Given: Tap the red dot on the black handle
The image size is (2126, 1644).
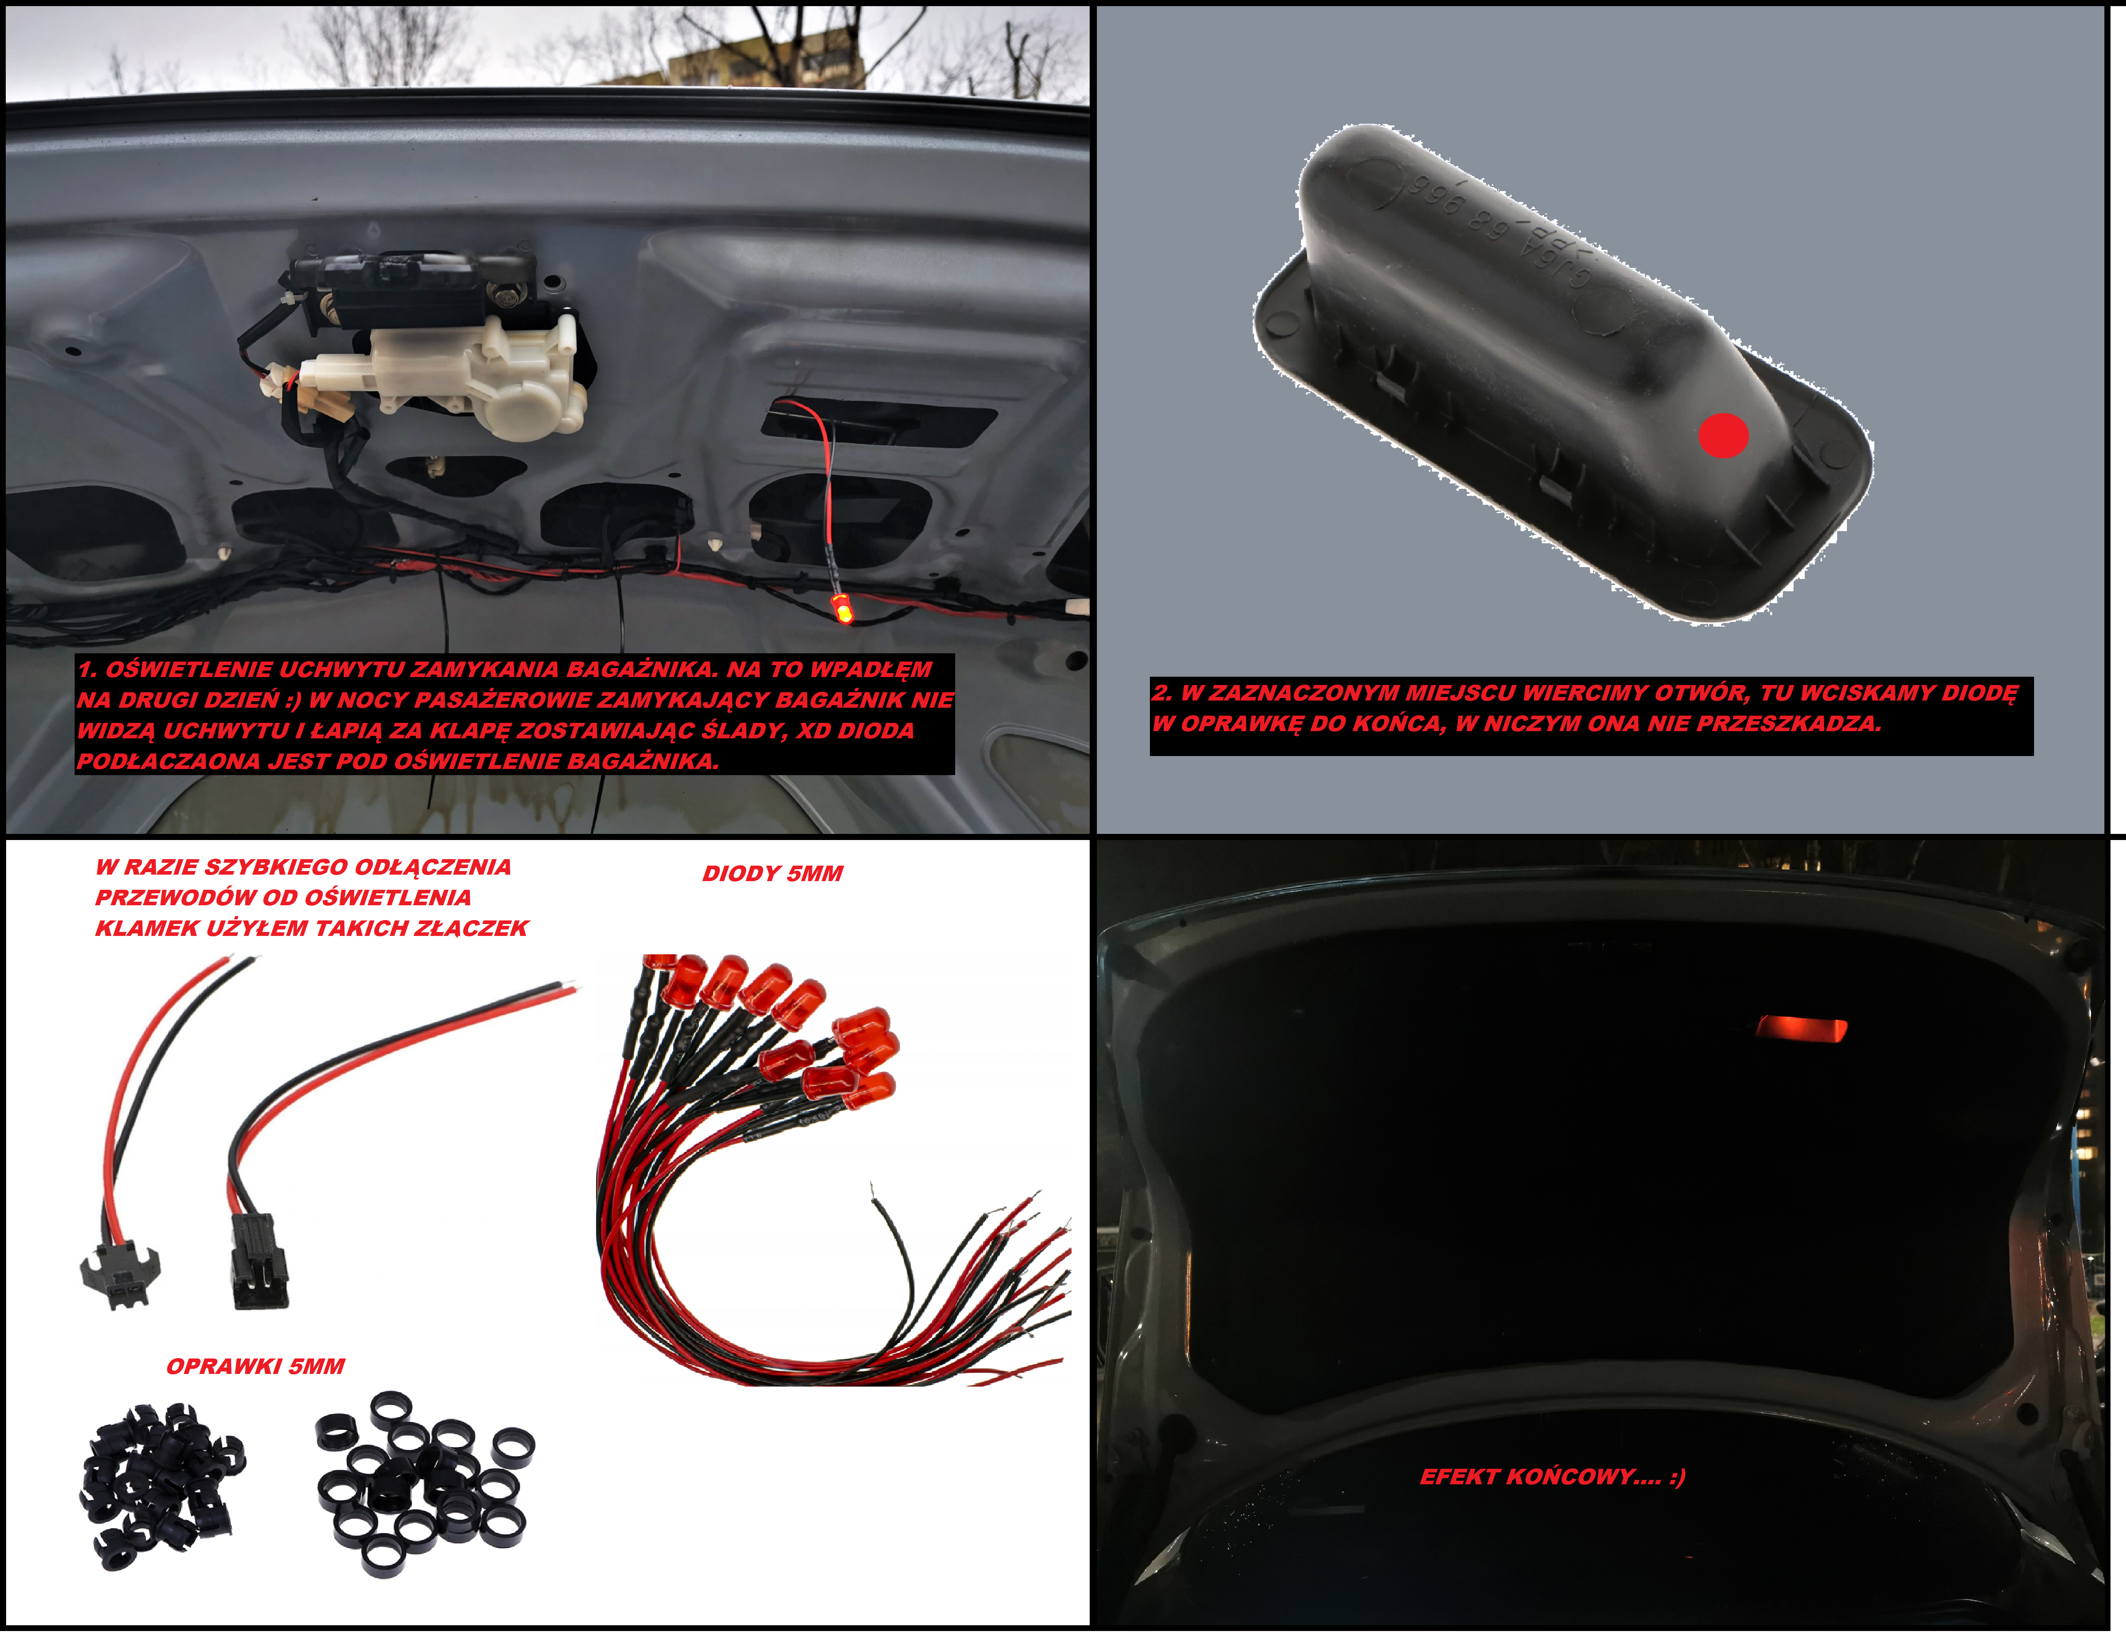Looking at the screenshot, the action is pos(1723,435).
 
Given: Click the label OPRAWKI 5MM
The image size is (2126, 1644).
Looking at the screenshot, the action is pos(255,1366).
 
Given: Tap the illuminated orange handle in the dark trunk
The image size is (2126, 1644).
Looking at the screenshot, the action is pos(1801,1029).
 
